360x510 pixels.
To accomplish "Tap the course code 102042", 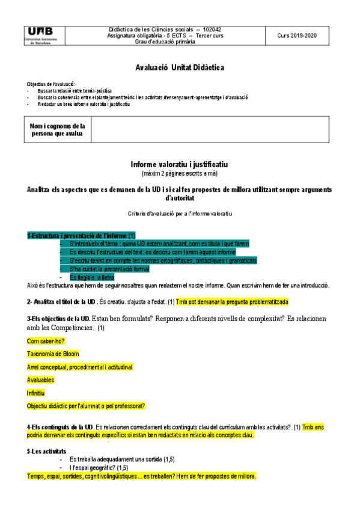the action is coord(212,29).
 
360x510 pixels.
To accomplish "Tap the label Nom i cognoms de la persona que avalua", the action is coord(58,130).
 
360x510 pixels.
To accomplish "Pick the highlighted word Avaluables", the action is coord(41,379).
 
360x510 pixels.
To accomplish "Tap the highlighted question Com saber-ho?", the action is coord(46,340).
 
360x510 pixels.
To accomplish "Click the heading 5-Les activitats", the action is coord(47,451).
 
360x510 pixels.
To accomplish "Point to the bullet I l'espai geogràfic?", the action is coord(99,467).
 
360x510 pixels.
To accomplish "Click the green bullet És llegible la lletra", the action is coord(92,277).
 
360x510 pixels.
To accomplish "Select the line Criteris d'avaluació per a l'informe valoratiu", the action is coord(180,214).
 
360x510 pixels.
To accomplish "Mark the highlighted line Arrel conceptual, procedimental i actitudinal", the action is coord(79,367).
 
